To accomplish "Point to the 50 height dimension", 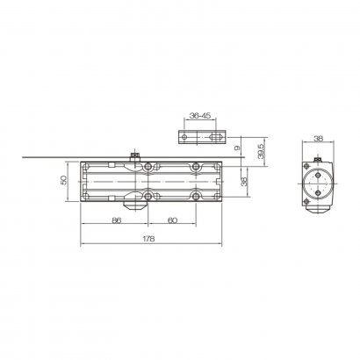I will coord(62,180).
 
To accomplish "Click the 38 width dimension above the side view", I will coord(318,137).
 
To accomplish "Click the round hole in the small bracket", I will coord(185,137).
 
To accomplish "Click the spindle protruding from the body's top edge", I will coord(133,156).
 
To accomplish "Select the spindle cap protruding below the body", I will coord(133,206).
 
